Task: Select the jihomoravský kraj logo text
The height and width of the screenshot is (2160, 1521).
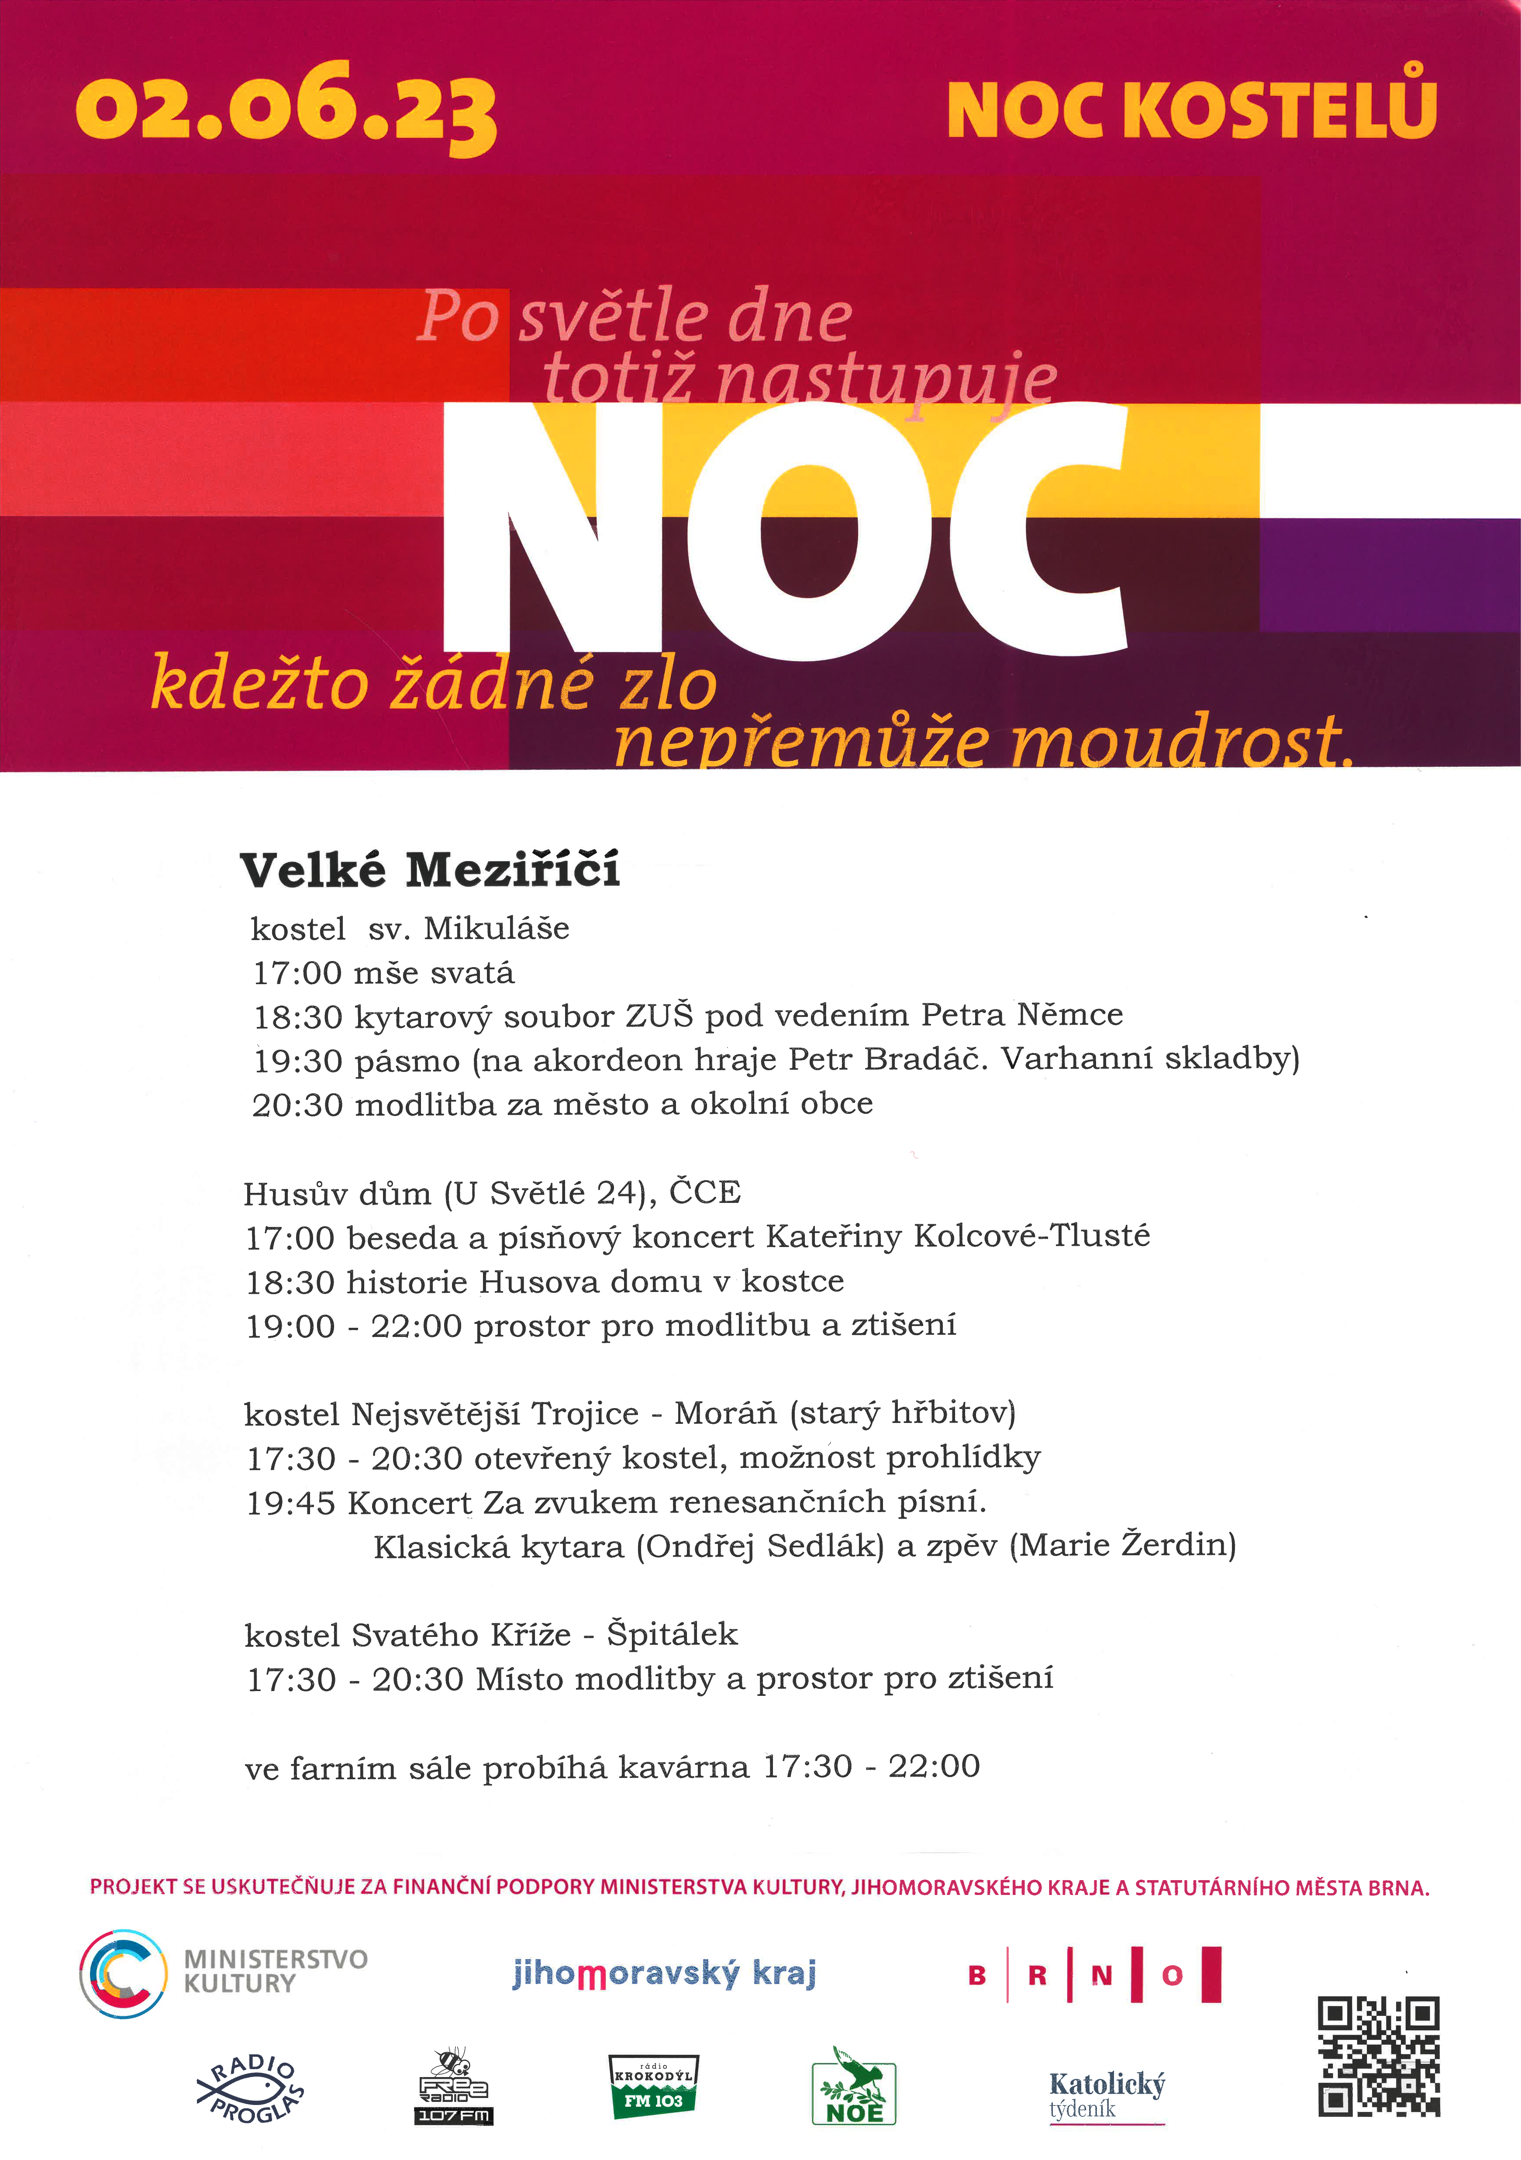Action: point(664,1973)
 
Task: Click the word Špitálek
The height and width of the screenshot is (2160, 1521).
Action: point(672,1634)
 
